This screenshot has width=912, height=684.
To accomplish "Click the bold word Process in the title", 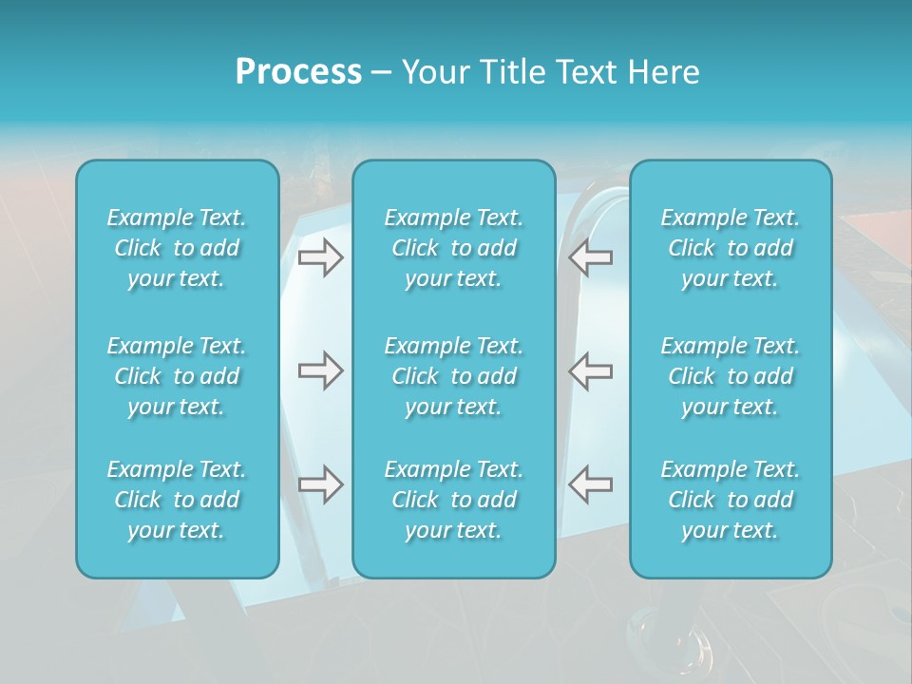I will [298, 72].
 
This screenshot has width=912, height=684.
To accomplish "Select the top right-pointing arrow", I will [320, 256].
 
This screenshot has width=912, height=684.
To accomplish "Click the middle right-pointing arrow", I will [320, 370].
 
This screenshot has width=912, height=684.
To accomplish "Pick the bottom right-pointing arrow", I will [320, 484].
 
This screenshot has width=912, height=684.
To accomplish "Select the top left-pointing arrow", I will [590, 256].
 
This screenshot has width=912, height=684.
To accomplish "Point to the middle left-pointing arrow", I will [590, 370].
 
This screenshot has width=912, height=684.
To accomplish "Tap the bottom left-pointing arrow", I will [590, 484].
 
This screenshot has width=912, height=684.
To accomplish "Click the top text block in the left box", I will [177, 248].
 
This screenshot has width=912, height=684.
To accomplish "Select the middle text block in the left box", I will [177, 376].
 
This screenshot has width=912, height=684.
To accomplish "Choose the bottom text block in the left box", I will [177, 500].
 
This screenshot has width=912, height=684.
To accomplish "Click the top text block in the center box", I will [454, 248].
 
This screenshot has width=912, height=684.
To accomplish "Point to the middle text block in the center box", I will [454, 376].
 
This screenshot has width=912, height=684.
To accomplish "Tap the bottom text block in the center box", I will [454, 500].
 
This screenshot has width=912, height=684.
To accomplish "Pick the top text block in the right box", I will [731, 248].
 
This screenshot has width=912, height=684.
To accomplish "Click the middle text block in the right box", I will [731, 376].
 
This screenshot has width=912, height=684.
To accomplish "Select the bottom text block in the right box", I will [731, 500].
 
